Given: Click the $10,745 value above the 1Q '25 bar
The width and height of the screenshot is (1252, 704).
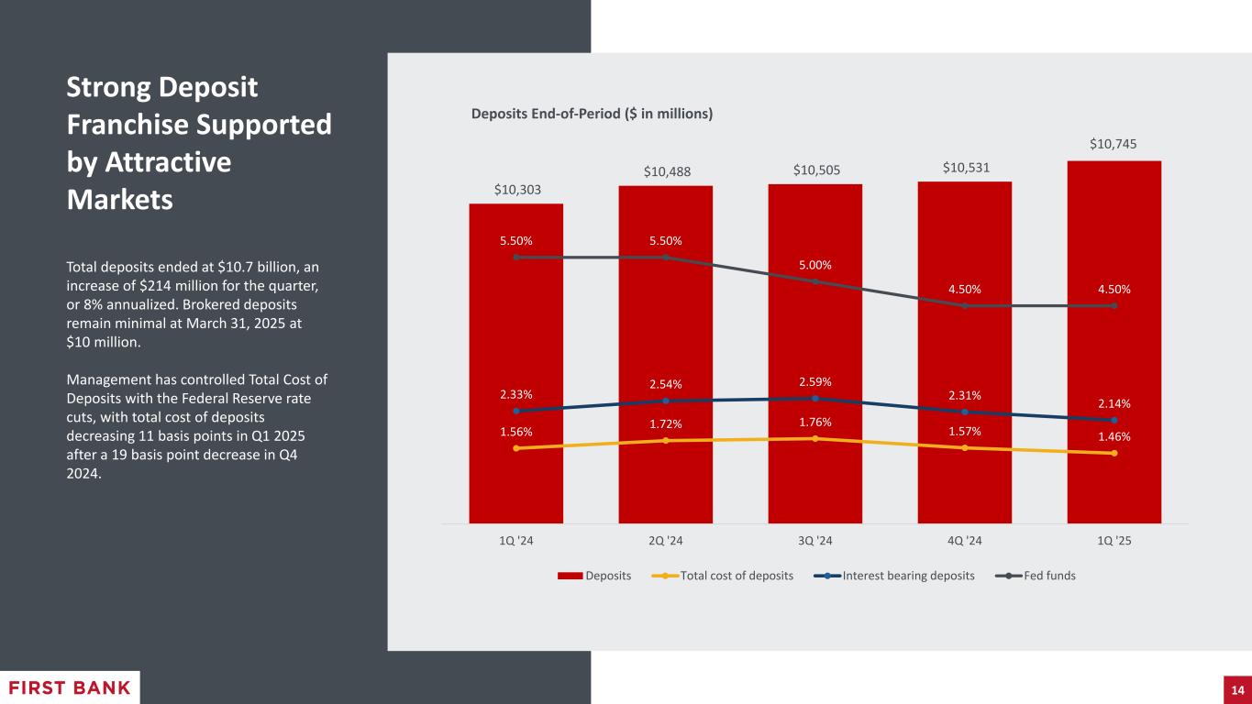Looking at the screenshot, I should [x=1114, y=144].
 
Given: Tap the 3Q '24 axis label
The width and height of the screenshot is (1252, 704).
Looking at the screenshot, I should [x=814, y=541].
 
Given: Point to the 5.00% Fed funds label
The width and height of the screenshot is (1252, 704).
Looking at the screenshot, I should [x=814, y=266].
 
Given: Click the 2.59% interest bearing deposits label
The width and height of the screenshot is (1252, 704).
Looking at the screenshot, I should [x=814, y=381].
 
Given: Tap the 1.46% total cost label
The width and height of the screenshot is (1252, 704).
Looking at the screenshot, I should [x=1114, y=436].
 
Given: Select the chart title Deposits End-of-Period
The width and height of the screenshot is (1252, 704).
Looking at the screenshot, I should [x=592, y=114].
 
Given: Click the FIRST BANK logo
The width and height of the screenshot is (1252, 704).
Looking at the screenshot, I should [x=70, y=688].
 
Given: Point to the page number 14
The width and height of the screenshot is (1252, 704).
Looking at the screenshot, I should [x=1236, y=689].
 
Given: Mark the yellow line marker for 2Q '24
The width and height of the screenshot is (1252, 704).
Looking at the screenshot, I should [x=665, y=441].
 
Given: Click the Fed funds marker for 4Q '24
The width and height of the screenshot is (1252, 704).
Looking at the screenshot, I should [x=964, y=306].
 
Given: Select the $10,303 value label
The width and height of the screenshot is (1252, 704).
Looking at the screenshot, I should [x=515, y=190].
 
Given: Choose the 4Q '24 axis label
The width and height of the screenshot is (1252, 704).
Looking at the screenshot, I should [x=964, y=541].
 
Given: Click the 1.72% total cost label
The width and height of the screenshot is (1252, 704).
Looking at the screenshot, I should [x=665, y=424].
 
